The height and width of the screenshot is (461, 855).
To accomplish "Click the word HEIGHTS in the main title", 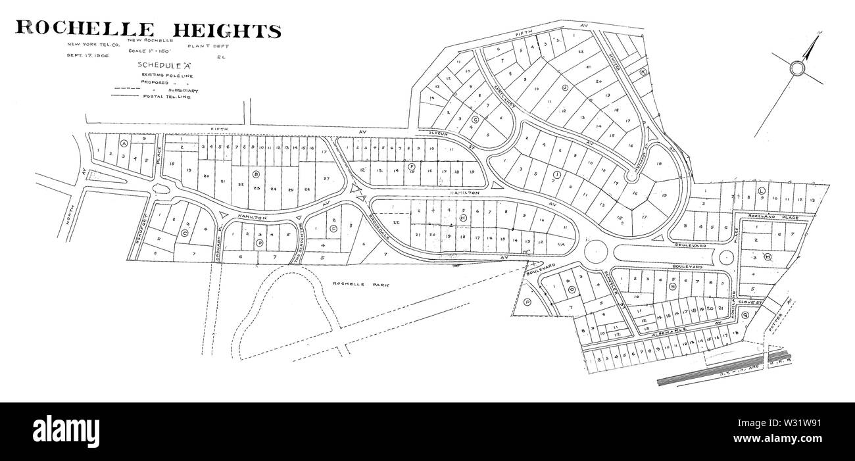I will pos(226,30).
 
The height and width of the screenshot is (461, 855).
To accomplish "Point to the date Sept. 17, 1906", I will pos(86,57).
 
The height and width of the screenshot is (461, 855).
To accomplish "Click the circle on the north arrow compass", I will pos(796,69).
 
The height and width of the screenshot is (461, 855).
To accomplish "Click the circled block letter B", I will pos(256,174).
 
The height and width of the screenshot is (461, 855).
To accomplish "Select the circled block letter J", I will pos(564,87).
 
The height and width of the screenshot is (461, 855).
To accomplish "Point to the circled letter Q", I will pos(745,314).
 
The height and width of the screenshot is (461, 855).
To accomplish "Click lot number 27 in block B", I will pos(326,178).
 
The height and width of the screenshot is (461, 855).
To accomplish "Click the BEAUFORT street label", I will pos(140,230).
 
